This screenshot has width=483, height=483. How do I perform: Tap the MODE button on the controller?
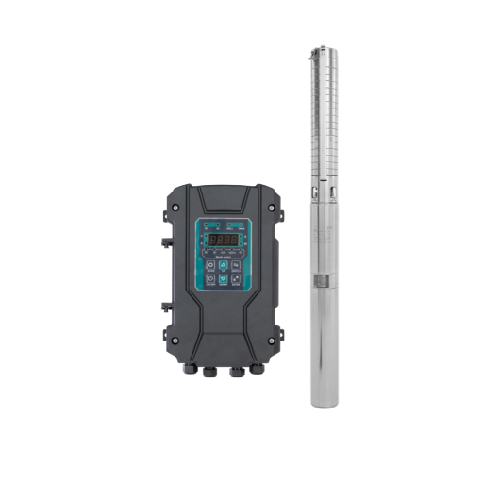tap(210, 265)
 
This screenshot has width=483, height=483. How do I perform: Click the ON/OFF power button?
tap(210, 278)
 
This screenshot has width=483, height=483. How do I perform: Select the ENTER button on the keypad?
tap(236, 278)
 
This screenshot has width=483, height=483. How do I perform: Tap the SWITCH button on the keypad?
tap(236, 265)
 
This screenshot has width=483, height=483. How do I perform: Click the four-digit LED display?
tap(224, 240)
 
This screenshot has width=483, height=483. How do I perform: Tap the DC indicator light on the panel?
tap(206, 225)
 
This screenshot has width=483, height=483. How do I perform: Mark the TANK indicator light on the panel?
tap(241, 225)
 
